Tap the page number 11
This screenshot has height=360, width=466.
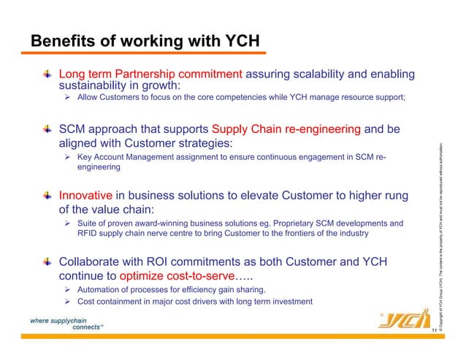(x=433, y=332)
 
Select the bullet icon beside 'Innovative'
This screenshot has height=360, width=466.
(x=47, y=195)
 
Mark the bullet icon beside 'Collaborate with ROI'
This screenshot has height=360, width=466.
(x=47, y=261)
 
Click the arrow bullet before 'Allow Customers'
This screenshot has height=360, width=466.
(x=68, y=98)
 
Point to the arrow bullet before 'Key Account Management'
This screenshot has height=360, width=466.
(x=68, y=156)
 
